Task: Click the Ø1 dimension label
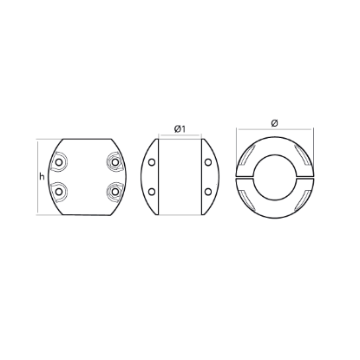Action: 181,128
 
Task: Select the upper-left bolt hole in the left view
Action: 60,162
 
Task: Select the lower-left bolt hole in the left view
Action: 60,191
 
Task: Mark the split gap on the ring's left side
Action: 245,177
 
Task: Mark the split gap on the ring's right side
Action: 303,177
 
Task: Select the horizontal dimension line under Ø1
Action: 181,137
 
